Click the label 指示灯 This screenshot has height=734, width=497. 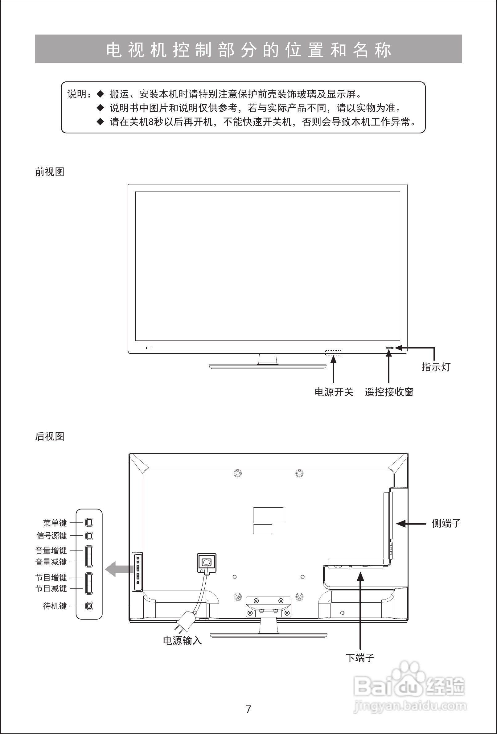436,367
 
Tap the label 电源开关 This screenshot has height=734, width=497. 334,392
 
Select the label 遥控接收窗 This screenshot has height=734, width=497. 389,392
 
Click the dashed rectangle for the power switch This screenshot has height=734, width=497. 333,353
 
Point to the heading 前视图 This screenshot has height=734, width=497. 50,172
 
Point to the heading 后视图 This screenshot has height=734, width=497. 50,436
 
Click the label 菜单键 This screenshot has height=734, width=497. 55,523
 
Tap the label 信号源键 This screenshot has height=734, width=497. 51,536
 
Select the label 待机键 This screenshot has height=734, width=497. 55,606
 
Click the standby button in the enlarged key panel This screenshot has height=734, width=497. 89,606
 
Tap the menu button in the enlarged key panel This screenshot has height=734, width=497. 89,523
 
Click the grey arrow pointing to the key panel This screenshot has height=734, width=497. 119,569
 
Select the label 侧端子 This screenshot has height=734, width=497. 446,523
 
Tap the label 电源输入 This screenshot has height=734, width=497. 182,640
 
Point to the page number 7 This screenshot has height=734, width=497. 248,709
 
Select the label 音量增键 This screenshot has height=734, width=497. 51,550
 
